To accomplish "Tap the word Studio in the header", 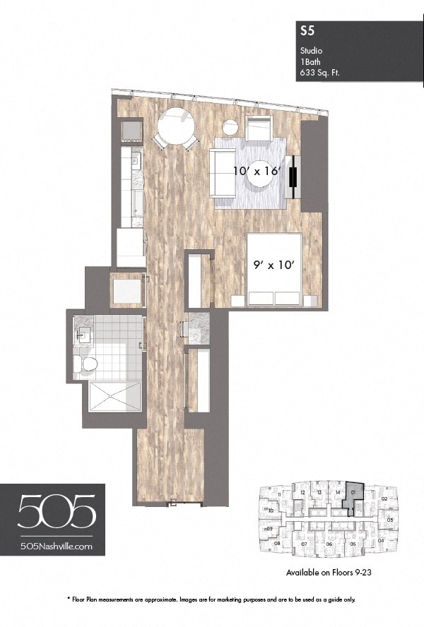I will point(312,51).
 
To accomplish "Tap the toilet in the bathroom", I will point(87,364).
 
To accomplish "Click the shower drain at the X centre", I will point(114,397).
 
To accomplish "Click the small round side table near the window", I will point(230,128).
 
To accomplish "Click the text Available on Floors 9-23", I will point(329,573).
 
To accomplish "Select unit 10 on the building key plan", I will point(271,510).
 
